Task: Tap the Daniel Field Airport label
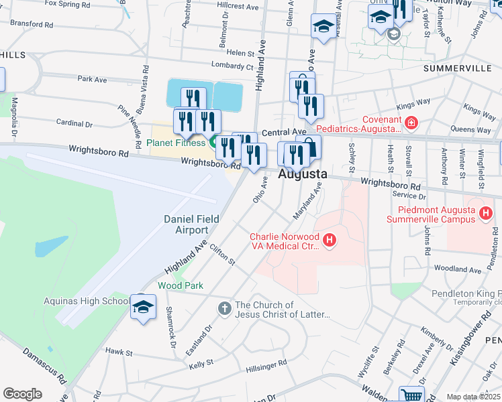(x=187, y=224)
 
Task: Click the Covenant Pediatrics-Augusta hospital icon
(x=411, y=123)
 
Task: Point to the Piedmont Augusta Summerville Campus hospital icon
(x=486, y=214)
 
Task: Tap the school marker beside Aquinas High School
(x=142, y=307)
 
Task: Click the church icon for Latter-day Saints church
(x=224, y=309)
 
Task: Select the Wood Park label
(x=181, y=285)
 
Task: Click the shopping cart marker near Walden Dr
(x=411, y=395)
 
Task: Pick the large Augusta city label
(x=302, y=174)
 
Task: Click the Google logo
(x=22, y=394)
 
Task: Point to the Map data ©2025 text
(x=473, y=397)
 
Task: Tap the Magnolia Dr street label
(x=13, y=115)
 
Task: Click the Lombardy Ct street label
(x=232, y=66)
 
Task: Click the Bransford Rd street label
(x=31, y=24)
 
